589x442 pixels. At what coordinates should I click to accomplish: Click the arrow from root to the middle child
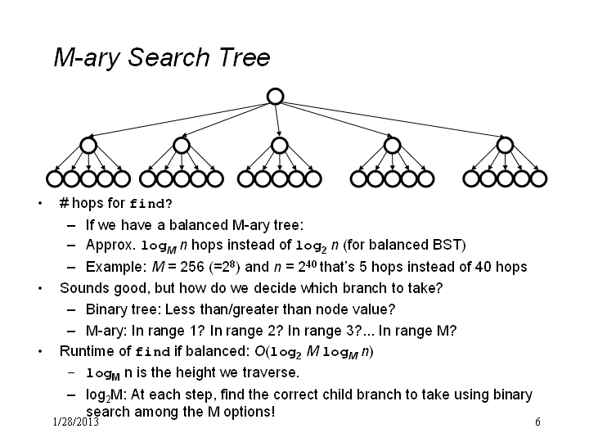click(x=277, y=120)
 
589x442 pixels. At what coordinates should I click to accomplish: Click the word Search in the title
click(x=169, y=57)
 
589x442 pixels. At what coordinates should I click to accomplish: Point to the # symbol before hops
click(x=64, y=203)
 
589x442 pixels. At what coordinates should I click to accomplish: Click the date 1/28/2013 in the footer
click(x=76, y=422)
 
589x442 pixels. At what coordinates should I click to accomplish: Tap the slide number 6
click(x=537, y=422)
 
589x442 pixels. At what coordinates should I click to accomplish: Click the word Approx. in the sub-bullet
click(x=110, y=246)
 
